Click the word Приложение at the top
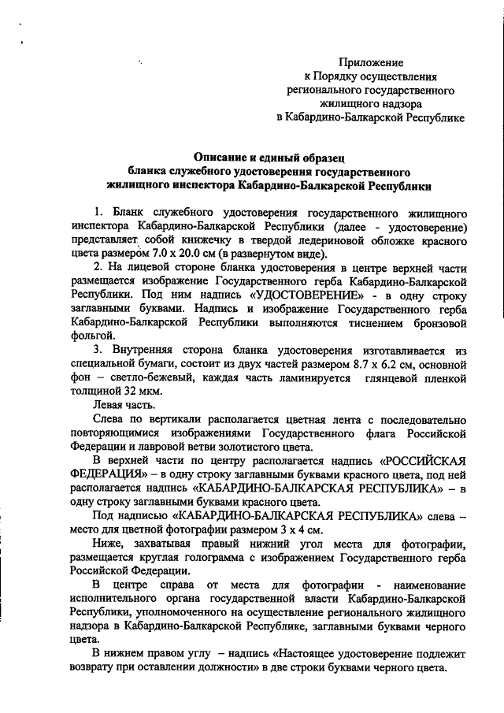click(x=372, y=61)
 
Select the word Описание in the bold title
click(x=224, y=156)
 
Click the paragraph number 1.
click(x=97, y=213)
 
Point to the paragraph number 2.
click(x=97, y=266)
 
